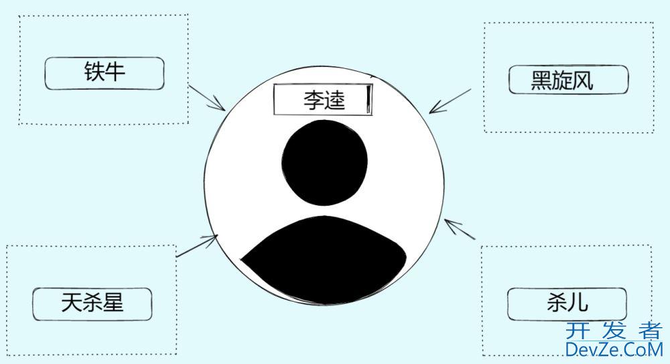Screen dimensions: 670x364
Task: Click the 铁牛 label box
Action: pos(105,74)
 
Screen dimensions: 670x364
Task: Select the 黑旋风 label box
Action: pos(569,80)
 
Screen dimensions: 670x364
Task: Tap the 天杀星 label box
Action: pos(92,304)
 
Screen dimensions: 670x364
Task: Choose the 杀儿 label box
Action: pos(567,304)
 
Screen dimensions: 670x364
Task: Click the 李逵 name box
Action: pos(323,100)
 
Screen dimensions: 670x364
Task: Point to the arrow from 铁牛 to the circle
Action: pos(207,97)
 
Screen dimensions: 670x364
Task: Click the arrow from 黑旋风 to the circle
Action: pos(450,101)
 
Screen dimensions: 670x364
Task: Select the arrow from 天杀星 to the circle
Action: pos(197,246)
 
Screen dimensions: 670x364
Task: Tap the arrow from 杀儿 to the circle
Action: pos(460,229)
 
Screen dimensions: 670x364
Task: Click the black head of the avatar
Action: pos(324,162)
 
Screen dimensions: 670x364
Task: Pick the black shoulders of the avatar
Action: pos(324,260)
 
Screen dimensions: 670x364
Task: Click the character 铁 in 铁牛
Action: pos(94,72)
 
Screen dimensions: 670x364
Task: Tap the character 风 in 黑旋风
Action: pos(583,80)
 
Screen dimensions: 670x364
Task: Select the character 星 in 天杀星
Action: pos(113,302)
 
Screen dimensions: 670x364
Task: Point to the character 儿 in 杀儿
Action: pos(578,302)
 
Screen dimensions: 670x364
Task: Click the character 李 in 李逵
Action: pos(314,101)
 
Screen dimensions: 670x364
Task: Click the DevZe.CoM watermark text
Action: pos(614,349)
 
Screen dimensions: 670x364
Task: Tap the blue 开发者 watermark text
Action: pos(614,330)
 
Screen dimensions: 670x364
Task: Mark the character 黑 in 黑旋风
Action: pos(541,80)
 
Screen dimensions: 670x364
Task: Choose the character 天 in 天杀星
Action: pos(72,302)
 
